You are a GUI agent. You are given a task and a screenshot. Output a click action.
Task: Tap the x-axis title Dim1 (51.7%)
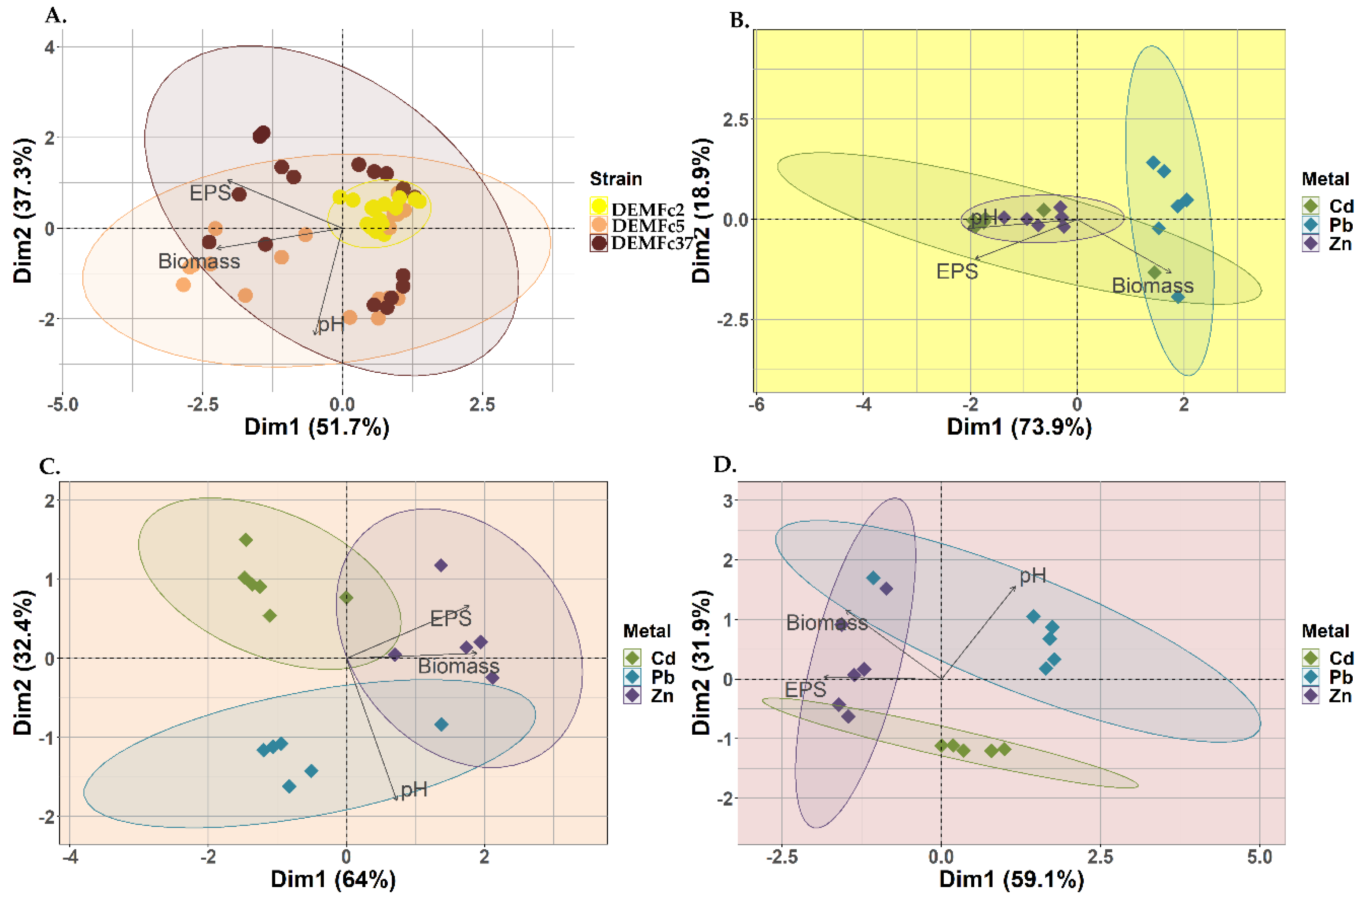pos(317,427)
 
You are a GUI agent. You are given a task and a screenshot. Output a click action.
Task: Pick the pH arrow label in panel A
pos(331,324)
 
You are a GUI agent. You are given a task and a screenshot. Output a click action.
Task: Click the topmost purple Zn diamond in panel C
pos(441,566)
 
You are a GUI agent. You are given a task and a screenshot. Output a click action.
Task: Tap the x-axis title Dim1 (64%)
pos(333,879)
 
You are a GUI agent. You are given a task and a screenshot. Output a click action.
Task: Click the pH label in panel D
pos(1032,576)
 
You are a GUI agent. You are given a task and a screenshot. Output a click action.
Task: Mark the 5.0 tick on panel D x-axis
pos(1260,857)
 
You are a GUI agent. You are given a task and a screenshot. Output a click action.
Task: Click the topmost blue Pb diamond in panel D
pos(873,578)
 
